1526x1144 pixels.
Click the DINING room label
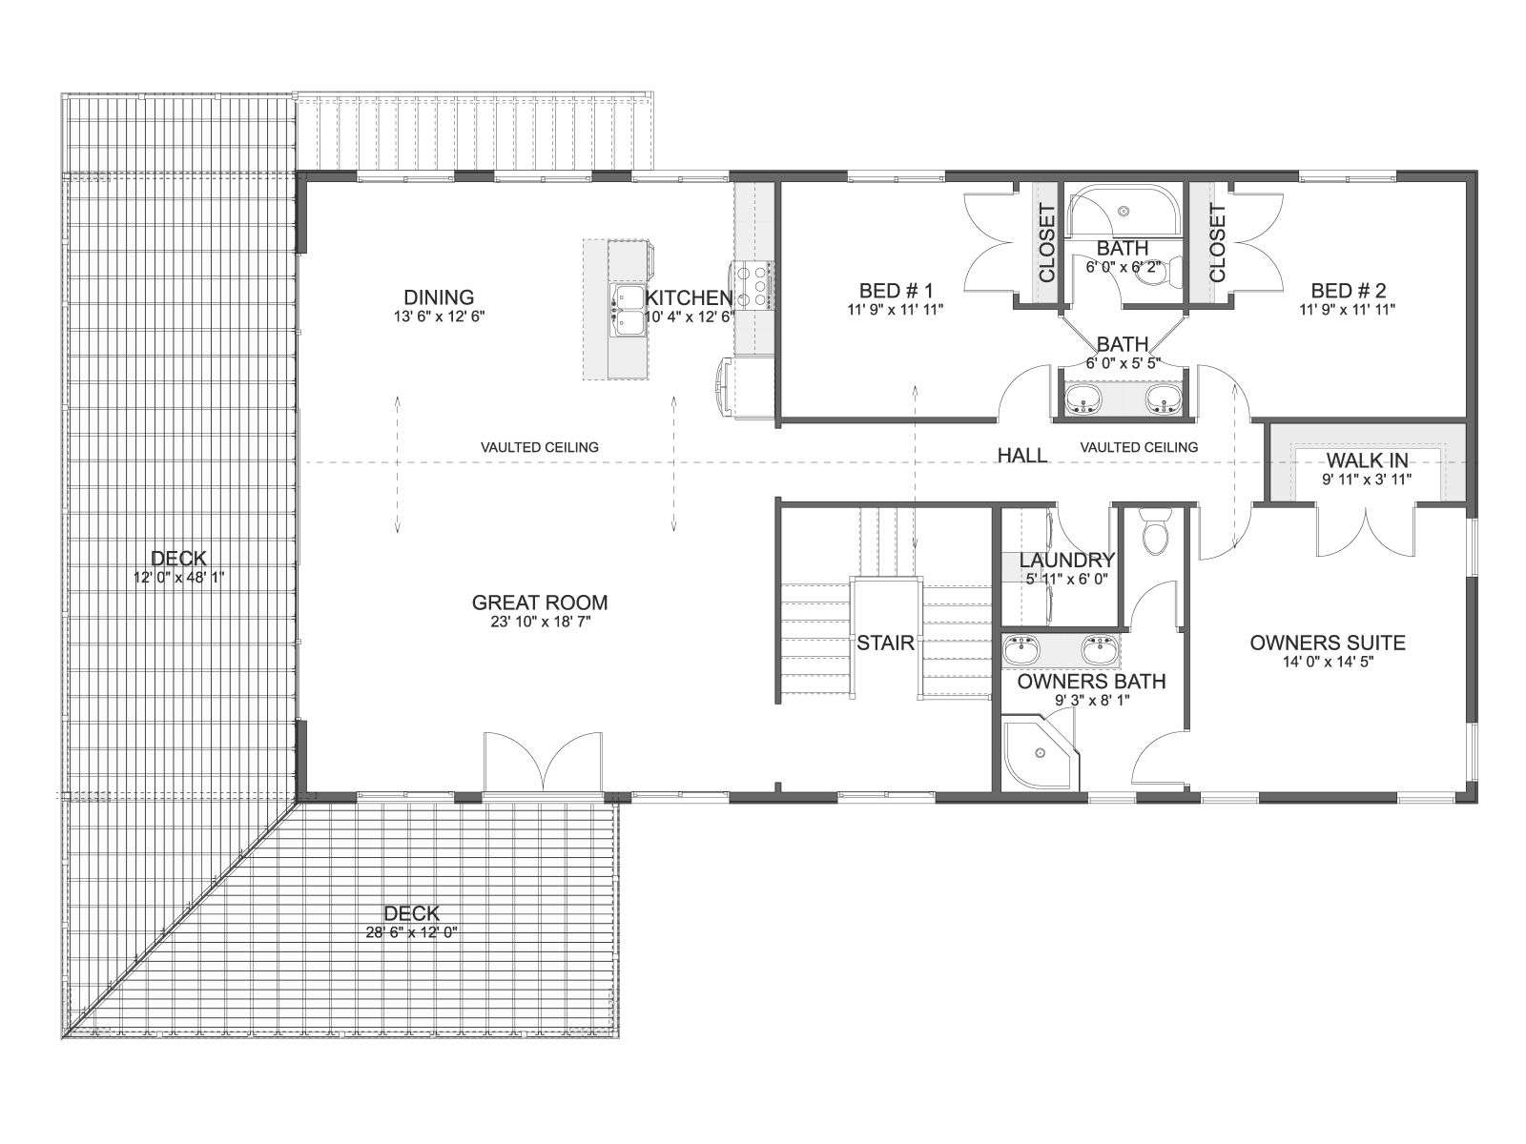coord(439,297)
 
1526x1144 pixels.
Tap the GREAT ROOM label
coord(540,603)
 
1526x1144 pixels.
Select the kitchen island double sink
coord(627,311)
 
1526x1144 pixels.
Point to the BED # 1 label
coord(896,291)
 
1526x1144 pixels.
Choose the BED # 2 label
coord(1348,291)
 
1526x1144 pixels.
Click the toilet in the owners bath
coord(1156,531)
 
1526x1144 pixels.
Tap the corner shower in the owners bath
coord(1040,754)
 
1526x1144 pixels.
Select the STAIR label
coord(885,643)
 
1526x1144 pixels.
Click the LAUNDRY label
coord(1067,560)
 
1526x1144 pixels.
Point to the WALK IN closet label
coord(1367,460)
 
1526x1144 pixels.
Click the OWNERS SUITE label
coord(1328,643)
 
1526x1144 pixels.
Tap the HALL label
coord(1022,456)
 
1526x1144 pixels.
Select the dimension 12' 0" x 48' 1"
coord(178,577)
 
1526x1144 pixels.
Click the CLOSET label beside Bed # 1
coord(1046,243)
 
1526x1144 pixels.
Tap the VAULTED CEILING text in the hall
coord(1139,447)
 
